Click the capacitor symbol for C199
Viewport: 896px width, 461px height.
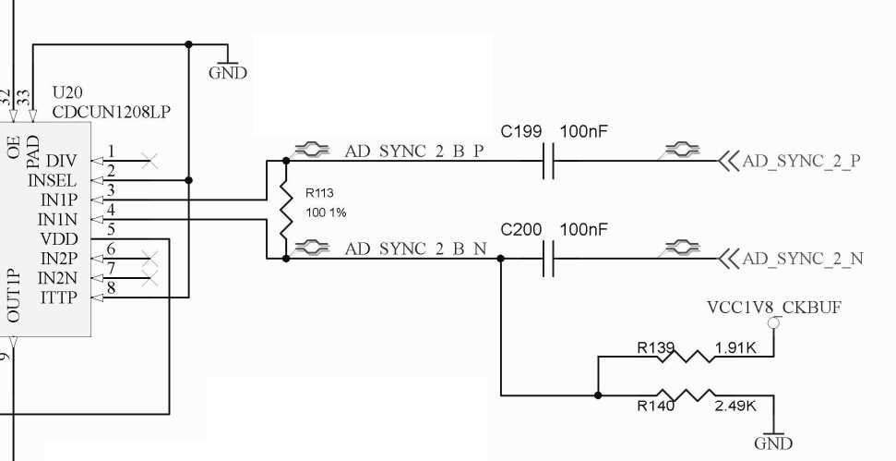click(x=548, y=161)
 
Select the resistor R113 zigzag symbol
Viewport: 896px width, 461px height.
click(x=286, y=209)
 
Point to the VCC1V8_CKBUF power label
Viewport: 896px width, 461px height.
click(x=773, y=307)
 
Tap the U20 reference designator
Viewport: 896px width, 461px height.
click(x=69, y=94)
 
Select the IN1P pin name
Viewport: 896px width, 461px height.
click(x=57, y=200)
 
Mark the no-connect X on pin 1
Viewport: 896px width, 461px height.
click(x=149, y=162)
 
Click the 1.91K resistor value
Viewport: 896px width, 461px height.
click(x=736, y=350)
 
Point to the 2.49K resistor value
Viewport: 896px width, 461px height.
click(x=736, y=405)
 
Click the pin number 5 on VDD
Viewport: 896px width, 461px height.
click(x=111, y=230)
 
